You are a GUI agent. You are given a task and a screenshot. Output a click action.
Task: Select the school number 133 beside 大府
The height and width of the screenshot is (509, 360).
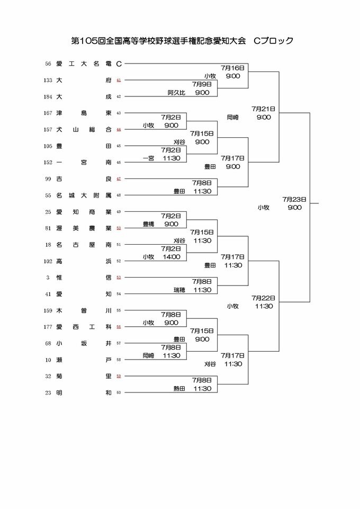click(x=48, y=81)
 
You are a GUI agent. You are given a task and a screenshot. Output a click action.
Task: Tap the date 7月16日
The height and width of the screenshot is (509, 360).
click(x=233, y=68)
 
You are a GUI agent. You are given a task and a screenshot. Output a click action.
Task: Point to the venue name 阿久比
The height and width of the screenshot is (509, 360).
click(x=176, y=93)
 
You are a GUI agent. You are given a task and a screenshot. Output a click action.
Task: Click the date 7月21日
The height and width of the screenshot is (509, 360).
click(x=263, y=109)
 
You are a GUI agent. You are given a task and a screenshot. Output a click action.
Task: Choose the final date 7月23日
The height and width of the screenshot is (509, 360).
click(x=294, y=200)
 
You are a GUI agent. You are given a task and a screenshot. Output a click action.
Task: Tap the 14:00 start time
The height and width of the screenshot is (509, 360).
click(x=172, y=257)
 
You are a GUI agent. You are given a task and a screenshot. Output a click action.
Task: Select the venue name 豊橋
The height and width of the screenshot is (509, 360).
click(x=149, y=225)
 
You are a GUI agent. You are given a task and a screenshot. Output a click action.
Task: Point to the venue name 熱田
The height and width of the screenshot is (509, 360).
click(x=179, y=389)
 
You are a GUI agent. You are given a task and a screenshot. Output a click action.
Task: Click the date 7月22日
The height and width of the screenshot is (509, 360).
click(x=263, y=298)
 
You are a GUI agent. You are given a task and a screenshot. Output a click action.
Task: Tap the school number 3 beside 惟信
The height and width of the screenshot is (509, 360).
click(x=48, y=278)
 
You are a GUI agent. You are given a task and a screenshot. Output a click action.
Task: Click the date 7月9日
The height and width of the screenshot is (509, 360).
click(x=202, y=84)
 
